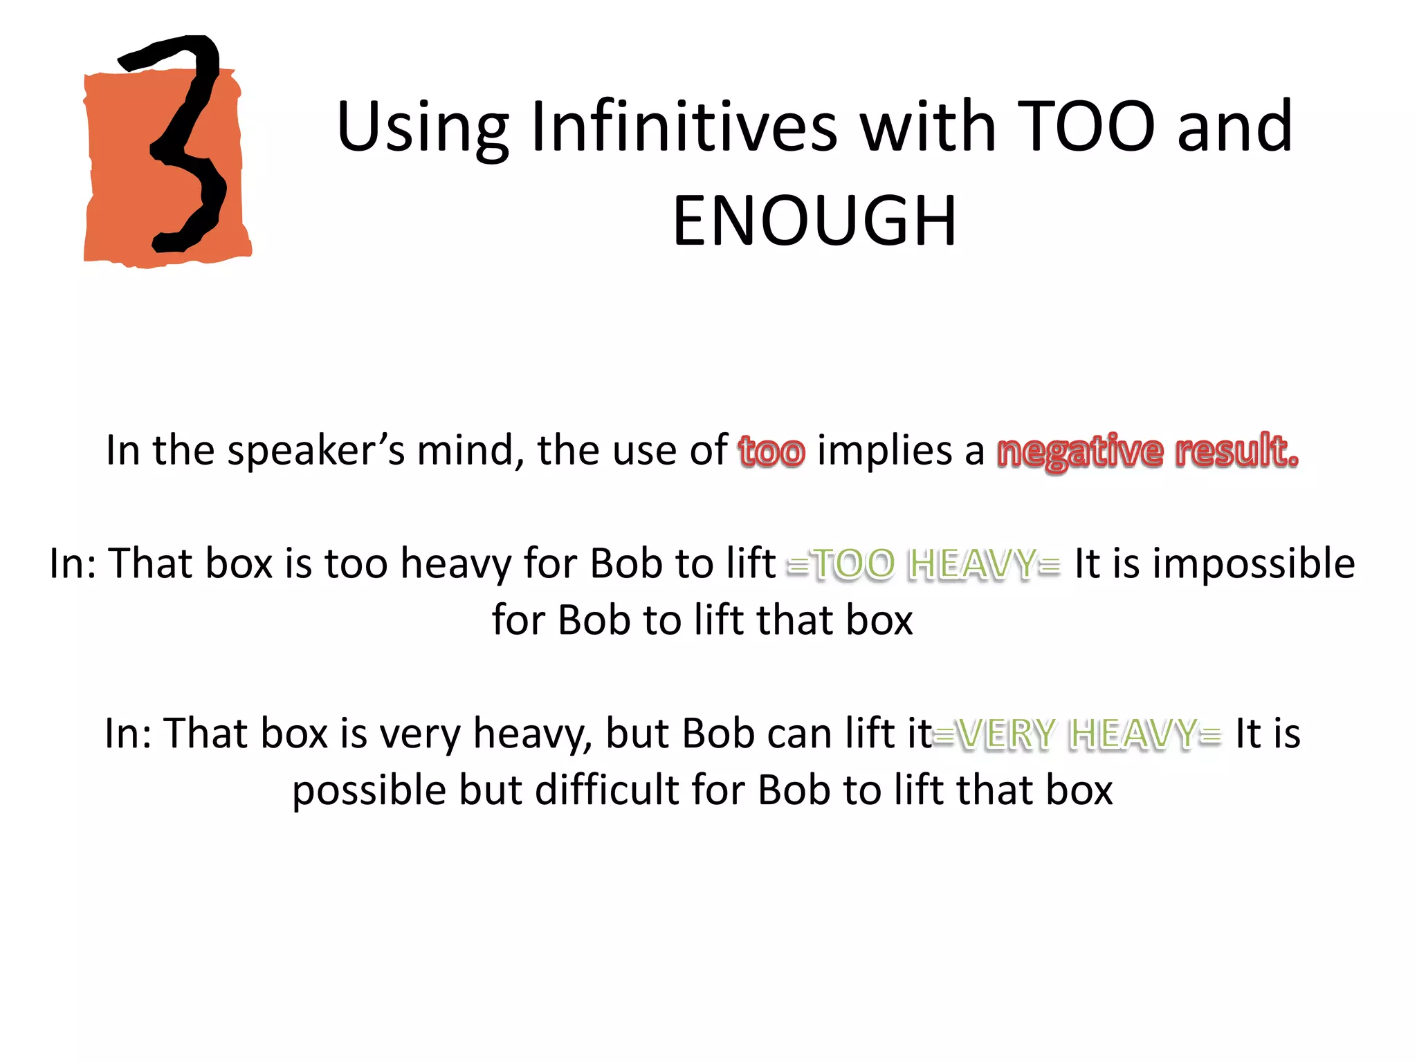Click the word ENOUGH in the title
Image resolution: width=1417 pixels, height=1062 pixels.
pyautogui.click(x=814, y=221)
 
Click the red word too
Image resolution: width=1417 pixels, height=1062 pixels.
pyautogui.click(x=771, y=451)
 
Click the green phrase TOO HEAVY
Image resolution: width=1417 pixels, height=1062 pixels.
pyautogui.click(x=924, y=564)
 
